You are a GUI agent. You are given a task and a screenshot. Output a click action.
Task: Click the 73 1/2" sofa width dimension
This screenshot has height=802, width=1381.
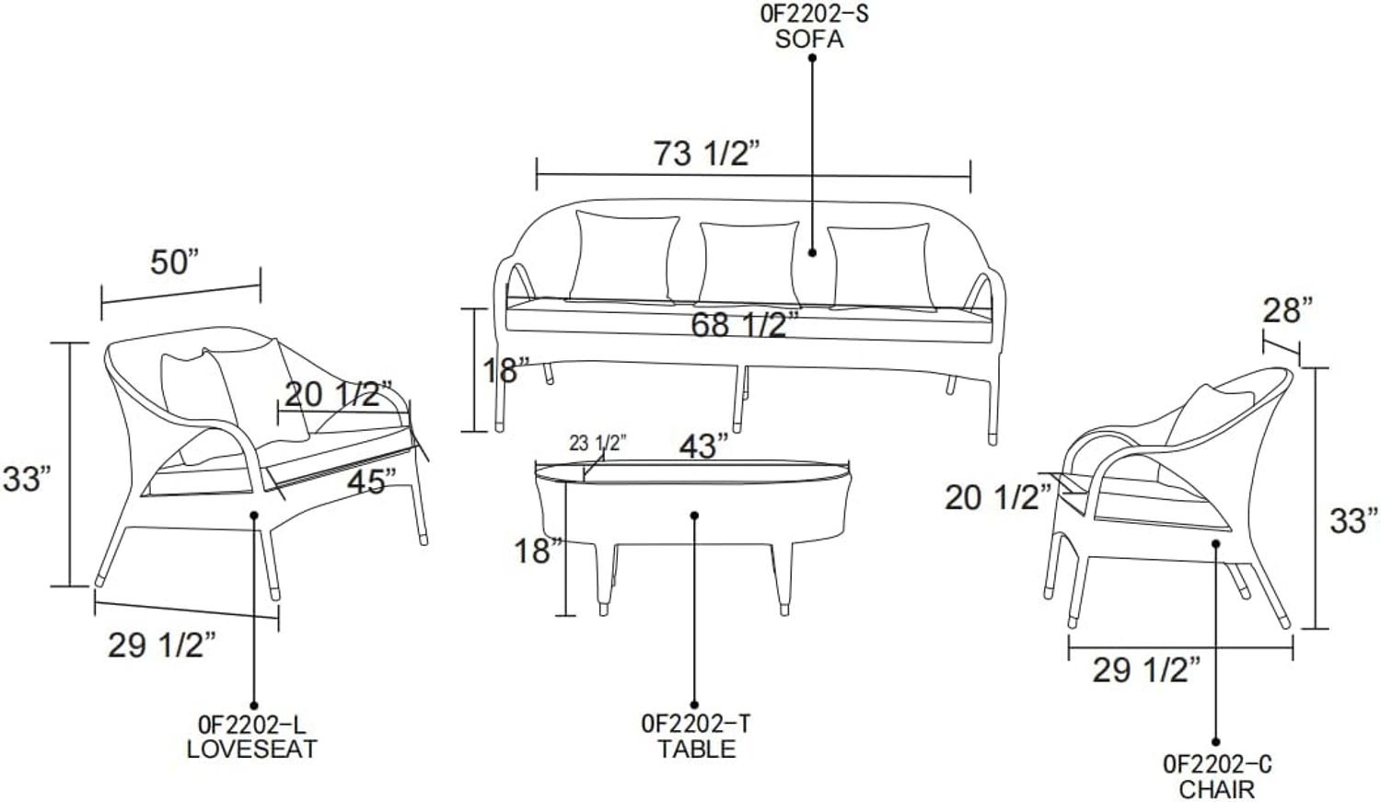706,154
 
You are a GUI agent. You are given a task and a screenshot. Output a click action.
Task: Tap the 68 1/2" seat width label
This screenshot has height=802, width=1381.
745,324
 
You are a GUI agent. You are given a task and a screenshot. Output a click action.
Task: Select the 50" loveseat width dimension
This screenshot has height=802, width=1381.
176,262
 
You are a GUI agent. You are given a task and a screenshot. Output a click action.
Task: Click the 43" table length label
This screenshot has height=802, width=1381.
703,446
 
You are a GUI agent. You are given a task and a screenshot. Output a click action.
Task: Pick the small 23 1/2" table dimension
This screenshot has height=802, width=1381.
598,443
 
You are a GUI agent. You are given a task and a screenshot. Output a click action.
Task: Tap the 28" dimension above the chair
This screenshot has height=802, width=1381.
1288,310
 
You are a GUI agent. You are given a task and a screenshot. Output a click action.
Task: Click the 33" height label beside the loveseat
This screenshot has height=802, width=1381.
27,479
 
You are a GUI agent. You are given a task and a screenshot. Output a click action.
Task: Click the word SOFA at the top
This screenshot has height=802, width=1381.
809,40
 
